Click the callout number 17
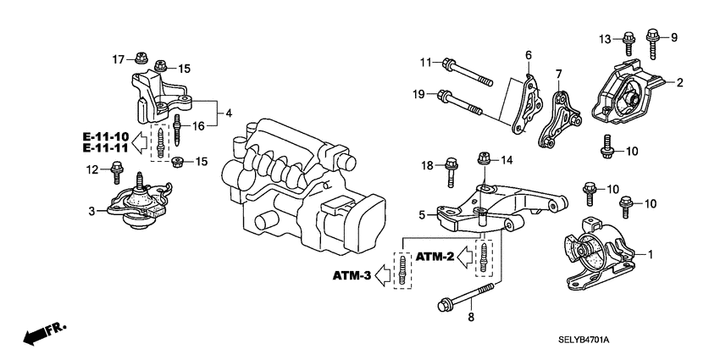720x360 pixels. (119, 58)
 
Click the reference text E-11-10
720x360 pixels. (106, 136)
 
